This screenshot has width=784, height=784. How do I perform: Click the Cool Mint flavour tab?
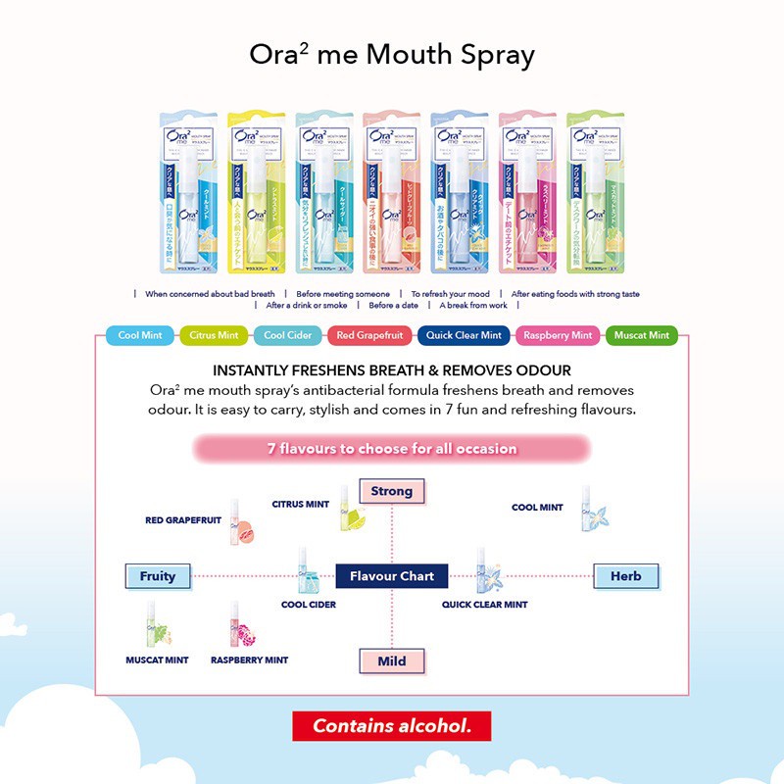tap(140, 335)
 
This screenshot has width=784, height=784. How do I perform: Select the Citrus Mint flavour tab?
tap(215, 335)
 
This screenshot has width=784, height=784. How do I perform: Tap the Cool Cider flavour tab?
tap(287, 335)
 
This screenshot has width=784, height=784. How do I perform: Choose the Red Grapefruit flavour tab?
tap(370, 335)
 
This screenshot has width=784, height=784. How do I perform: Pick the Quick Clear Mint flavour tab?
tap(464, 335)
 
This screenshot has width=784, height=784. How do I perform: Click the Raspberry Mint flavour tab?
tap(558, 335)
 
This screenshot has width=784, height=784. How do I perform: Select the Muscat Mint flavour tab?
tap(642, 335)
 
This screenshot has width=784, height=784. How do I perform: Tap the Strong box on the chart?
tap(391, 491)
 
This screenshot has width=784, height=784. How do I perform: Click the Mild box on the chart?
tap(391, 661)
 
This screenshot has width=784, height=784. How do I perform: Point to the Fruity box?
tap(157, 576)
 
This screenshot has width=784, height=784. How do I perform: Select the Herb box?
tap(625, 576)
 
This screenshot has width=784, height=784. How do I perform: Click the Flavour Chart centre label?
tap(392, 576)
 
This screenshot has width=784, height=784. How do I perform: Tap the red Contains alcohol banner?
tap(392, 726)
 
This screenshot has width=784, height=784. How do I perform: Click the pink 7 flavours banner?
tap(392, 449)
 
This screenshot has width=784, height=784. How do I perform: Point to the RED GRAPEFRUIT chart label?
tap(183, 521)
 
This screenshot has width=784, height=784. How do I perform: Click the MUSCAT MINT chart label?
tap(157, 661)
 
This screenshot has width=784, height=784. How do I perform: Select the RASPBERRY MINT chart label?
tap(249, 661)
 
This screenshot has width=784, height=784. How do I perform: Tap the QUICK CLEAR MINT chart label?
tap(484, 605)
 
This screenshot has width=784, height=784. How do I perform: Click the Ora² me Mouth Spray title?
tap(392, 55)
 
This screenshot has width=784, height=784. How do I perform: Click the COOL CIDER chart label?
tap(309, 605)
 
